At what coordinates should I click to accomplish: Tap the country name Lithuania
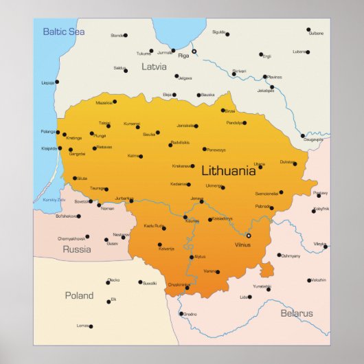[x=228, y=171]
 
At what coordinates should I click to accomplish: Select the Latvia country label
[x=154, y=67]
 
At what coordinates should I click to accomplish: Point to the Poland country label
[x=79, y=295]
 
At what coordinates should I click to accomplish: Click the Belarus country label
[x=297, y=313]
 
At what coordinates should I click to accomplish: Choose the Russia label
[x=77, y=249]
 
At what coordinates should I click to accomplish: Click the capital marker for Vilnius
[x=249, y=236]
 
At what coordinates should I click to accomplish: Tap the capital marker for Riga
[x=194, y=52]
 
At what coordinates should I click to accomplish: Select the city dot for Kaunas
[x=185, y=217]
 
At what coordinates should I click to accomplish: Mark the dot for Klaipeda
[x=60, y=148]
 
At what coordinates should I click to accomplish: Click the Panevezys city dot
[x=204, y=149]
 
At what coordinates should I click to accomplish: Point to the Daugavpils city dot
[x=303, y=136]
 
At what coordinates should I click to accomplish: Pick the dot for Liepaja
[x=56, y=82]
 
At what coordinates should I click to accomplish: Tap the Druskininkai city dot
[x=187, y=288]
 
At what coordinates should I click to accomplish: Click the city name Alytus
[x=199, y=256]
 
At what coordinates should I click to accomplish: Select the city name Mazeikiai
[x=104, y=102]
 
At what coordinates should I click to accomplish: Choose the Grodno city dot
[x=181, y=314]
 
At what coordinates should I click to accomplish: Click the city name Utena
[x=259, y=164]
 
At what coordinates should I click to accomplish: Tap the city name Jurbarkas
[x=124, y=198]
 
